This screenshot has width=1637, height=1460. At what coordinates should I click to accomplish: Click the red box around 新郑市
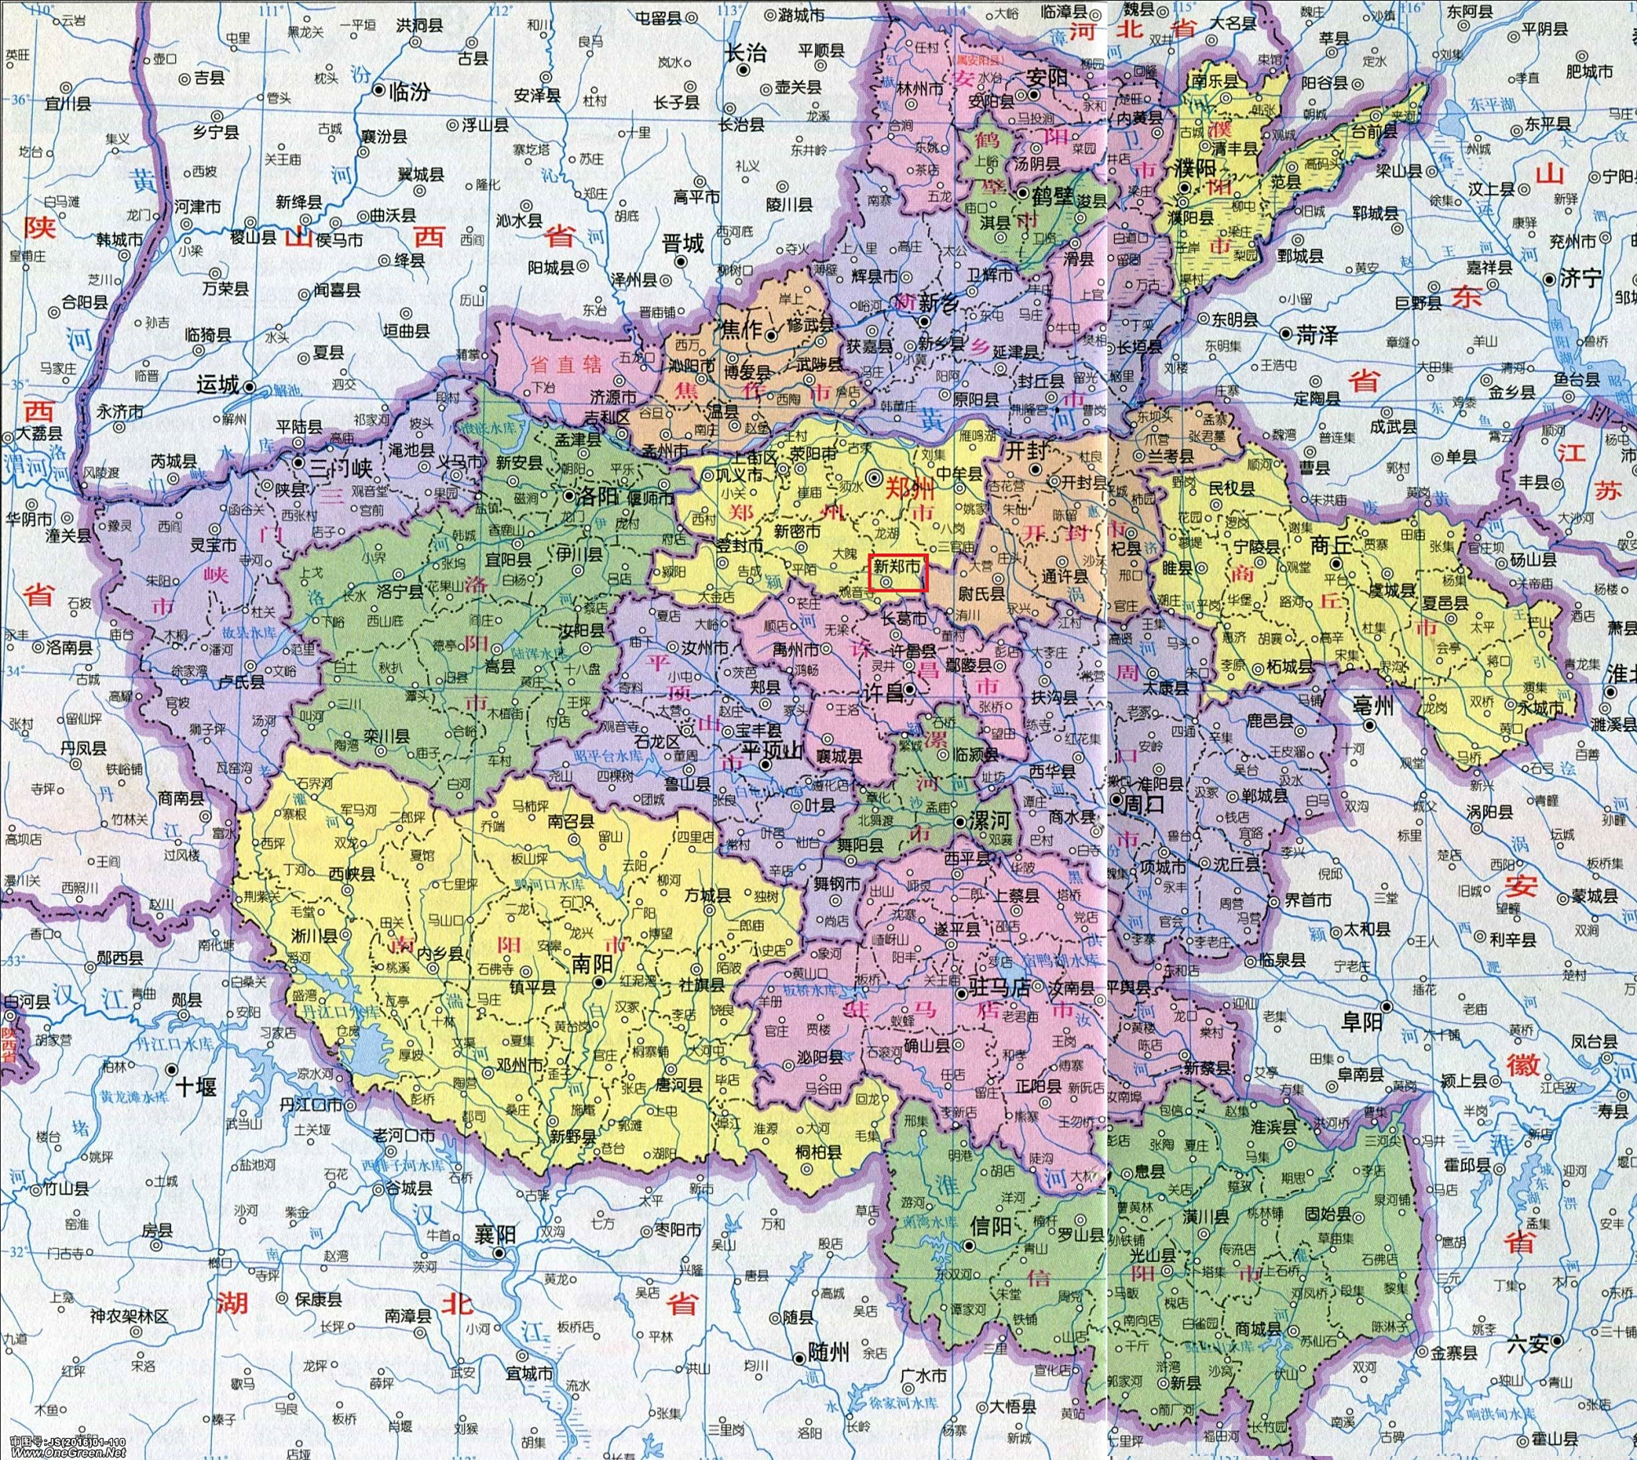click(899, 573)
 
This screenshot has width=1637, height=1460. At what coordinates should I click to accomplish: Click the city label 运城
click(218, 385)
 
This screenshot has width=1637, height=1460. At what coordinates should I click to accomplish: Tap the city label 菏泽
click(1317, 335)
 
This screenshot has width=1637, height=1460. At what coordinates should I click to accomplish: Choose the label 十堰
click(196, 1087)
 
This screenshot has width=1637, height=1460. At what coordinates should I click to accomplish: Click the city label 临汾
click(408, 92)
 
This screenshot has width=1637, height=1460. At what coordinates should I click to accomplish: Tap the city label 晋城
click(683, 243)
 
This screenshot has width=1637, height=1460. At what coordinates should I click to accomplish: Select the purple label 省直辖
click(565, 363)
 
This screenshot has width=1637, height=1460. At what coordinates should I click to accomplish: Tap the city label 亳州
click(1373, 705)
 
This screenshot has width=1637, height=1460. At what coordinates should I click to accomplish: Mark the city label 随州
click(828, 1352)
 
